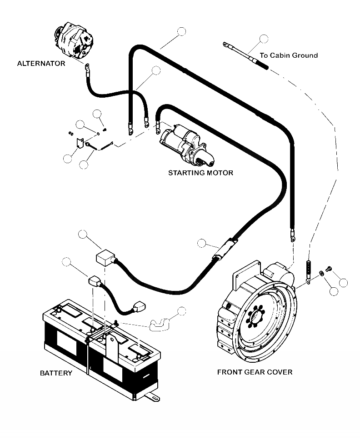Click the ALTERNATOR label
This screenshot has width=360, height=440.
click(x=41, y=63)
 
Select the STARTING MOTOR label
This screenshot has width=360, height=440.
click(x=200, y=173)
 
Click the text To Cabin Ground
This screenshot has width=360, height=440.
click(x=289, y=55)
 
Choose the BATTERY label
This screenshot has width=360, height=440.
click(x=56, y=373)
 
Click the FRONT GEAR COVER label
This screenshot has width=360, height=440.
click(x=255, y=372)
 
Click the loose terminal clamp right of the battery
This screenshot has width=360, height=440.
click(x=159, y=323)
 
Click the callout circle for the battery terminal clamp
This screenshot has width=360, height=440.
click(x=182, y=311)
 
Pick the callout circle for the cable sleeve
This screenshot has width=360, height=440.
click(x=202, y=243)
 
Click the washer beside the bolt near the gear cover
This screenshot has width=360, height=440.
click(x=321, y=273)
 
